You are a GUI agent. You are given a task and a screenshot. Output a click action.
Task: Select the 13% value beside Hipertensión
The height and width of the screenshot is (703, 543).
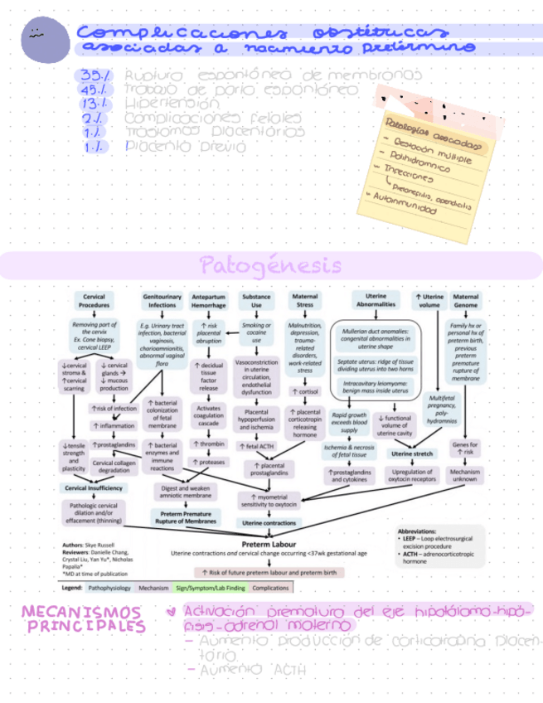[95, 104]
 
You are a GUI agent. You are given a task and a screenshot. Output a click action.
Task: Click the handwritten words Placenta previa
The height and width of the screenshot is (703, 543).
[186, 146]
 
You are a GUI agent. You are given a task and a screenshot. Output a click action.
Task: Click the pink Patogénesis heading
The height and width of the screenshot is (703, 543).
[270, 266]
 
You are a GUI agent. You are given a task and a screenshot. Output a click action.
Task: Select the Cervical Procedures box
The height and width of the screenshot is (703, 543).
[95, 301]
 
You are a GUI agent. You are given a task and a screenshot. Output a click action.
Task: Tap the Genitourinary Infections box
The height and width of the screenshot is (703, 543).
[159, 301]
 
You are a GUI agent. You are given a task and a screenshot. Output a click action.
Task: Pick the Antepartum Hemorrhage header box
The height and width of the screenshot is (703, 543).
[208, 301]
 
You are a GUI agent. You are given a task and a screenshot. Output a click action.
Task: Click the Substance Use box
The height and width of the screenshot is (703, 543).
[256, 301]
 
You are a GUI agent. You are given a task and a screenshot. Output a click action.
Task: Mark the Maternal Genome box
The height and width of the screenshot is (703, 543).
[466, 301]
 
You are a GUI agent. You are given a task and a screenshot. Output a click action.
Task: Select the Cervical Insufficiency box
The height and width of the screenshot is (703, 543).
[95, 488]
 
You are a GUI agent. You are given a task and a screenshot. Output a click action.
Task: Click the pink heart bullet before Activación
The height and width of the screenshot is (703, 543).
[171, 613]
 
